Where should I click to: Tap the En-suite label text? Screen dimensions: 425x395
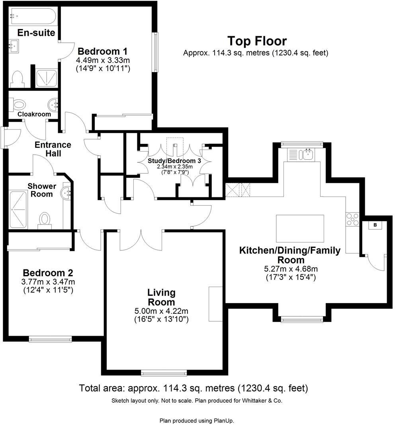(36, 32)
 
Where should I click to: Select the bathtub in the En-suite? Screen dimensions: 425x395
(33, 16)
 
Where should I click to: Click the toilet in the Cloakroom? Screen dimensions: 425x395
(18, 105)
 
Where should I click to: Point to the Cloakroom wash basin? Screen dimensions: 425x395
(53, 105)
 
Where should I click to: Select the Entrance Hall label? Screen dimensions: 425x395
(53, 149)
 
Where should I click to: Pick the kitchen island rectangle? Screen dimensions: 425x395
(300, 227)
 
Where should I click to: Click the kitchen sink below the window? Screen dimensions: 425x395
(307, 154)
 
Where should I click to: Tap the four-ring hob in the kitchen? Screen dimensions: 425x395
(353, 219)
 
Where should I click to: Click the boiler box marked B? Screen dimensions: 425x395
(374, 225)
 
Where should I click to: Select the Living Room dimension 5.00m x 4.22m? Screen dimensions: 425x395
(161, 311)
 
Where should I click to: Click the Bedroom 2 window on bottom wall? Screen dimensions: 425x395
(50, 339)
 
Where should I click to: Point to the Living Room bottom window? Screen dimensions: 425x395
(164, 373)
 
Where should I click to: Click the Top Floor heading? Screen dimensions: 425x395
(257, 41)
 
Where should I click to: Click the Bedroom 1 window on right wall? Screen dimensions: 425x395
(155, 52)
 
